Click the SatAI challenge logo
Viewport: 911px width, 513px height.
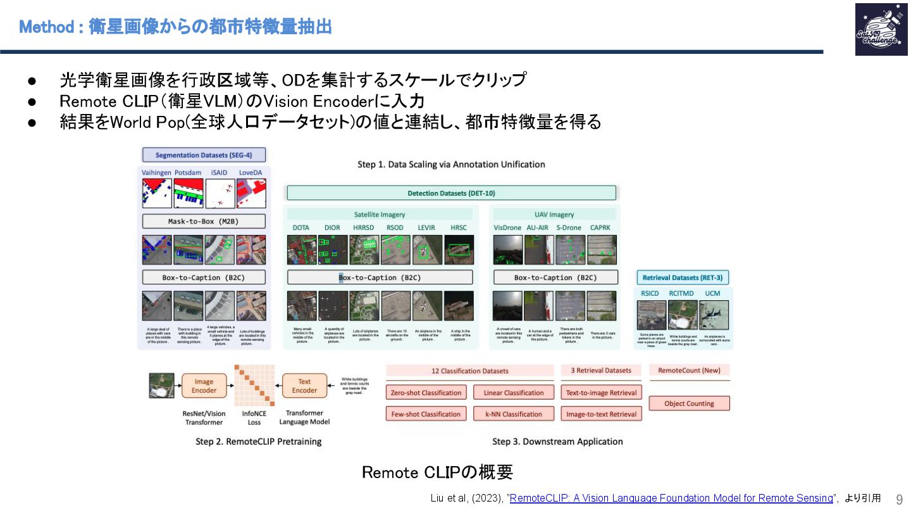click(x=880, y=29)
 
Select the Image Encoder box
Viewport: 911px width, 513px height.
click(x=204, y=386)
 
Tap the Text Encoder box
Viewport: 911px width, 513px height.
click(x=304, y=386)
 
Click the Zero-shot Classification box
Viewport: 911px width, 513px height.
click(x=426, y=393)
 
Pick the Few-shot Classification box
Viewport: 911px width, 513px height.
click(x=426, y=414)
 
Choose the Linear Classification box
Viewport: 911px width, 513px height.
click(x=514, y=393)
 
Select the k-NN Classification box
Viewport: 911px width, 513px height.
click(x=514, y=414)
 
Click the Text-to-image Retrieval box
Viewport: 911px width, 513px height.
click(x=601, y=393)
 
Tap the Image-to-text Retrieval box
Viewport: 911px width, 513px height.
click(x=601, y=414)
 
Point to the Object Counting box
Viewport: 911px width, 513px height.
click(x=689, y=403)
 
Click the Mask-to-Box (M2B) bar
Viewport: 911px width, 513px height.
click(x=204, y=222)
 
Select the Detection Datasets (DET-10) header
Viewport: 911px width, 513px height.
click(x=451, y=193)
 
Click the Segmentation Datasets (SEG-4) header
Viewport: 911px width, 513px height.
click(x=204, y=155)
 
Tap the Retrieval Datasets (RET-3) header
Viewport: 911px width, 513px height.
click(x=683, y=277)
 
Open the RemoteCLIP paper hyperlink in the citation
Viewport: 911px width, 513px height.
click(x=671, y=498)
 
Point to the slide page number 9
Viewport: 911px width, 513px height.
click(x=899, y=499)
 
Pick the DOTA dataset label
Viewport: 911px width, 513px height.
click(x=301, y=227)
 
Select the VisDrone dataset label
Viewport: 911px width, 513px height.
click(x=507, y=227)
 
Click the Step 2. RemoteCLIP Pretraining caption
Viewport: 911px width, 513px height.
click(x=258, y=441)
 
